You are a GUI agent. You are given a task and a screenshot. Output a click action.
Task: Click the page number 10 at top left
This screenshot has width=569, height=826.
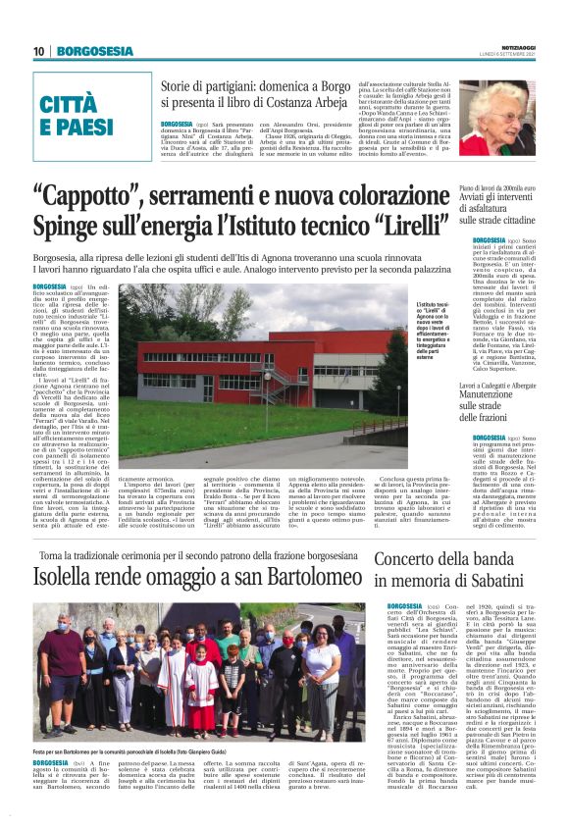click(39, 52)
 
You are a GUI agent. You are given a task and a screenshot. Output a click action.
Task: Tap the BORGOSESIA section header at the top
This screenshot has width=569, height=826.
click(94, 52)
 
